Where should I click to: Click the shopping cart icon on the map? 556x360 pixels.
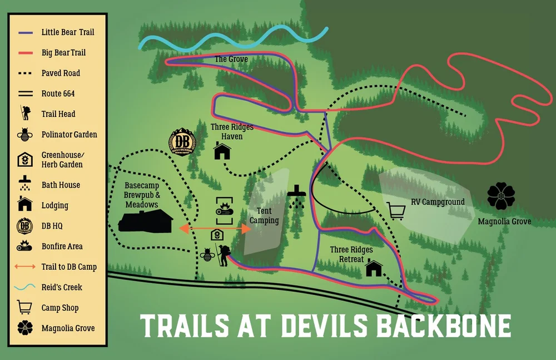[396, 211]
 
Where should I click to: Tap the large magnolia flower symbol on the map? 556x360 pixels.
[504, 196]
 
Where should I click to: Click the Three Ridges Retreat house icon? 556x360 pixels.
[374, 269]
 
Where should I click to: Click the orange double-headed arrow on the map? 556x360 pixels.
[214, 229]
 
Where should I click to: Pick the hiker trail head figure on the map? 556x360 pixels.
[224, 255]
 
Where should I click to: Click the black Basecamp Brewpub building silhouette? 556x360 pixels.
[145, 223]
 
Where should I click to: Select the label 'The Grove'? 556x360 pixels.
[231, 59]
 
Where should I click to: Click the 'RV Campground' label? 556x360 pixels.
[438, 201]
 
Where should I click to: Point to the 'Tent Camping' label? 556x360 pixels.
[264, 216]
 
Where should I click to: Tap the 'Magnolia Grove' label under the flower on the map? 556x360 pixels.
[504, 221]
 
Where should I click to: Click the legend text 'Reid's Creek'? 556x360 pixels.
[62, 287]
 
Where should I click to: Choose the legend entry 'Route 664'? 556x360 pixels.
[58, 93]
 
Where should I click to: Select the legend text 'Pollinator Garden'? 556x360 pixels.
[69, 134]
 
